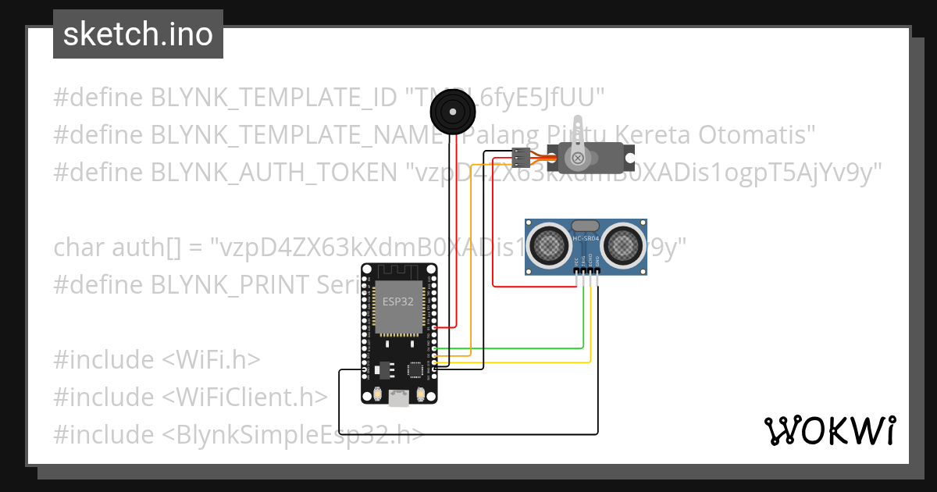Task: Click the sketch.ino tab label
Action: click(x=138, y=34)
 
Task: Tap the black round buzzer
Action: click(x=453, y=112)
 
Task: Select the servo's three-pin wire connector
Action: click(x=521, y=158)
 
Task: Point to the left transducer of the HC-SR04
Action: click(x=549, y=245)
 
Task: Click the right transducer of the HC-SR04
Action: click(x=624, y=245)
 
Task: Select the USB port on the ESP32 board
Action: click(x=398, y=398)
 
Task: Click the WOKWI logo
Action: click(x=830, y=430)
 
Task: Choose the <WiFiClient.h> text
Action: click(x=244, y=398)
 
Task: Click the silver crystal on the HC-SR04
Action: click(x=586, y=226)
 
